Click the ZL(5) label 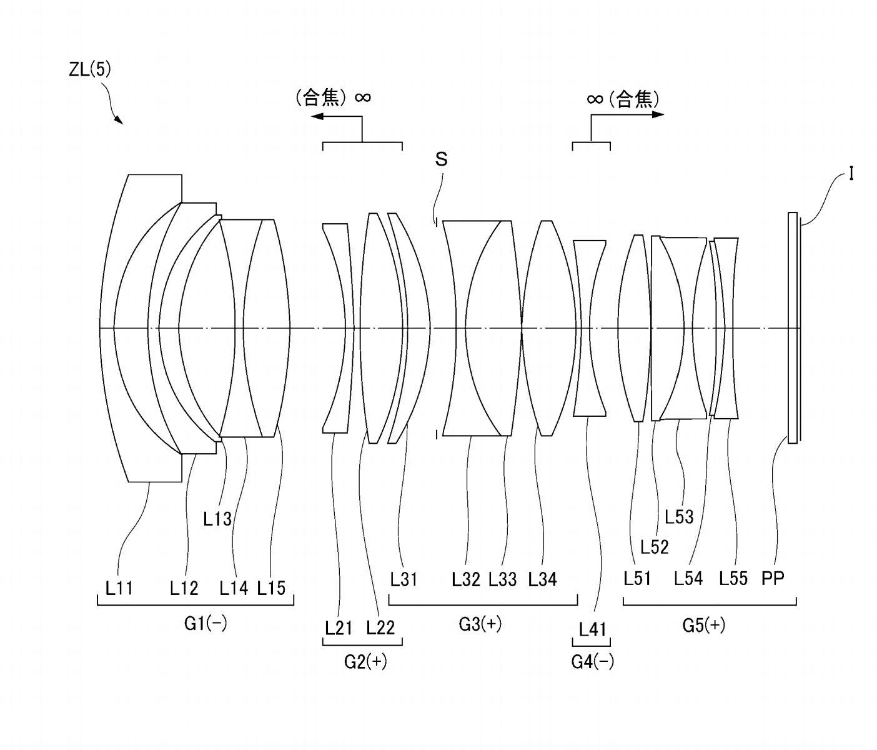click(90, 69)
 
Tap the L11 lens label click(119, 588)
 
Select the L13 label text click(217, 519)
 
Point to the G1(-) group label click(206, 624)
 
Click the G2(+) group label click(366, 661)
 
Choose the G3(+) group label click(480, 624)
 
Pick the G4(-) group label click(593, 661)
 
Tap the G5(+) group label click(704, 625)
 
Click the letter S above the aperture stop click(441, 159)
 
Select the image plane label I click(851, 174)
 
